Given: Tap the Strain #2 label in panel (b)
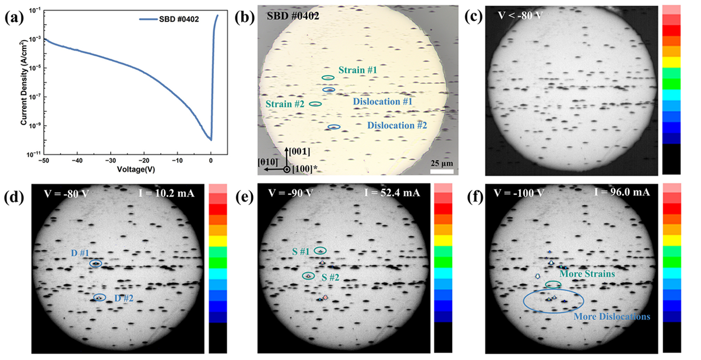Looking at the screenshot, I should pyautogui.click(x=286, y=104).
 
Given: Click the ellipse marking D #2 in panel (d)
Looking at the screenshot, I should pyautogui.click(x=100, y=298).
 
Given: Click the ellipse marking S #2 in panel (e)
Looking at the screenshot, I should pyautogui.click(x=308, y=276).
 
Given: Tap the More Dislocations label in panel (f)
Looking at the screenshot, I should pyautogui.click(x=612, y=317).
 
